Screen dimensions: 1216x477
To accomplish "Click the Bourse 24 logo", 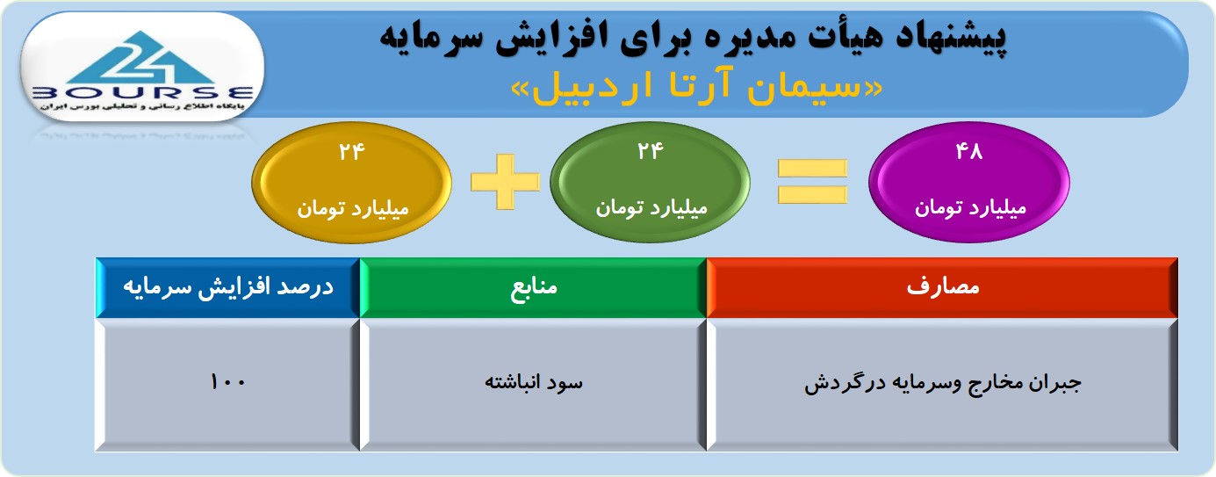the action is [142, 68].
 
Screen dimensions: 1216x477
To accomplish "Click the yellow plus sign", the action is [505, 182].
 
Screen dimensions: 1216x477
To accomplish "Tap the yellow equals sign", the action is [812, 182].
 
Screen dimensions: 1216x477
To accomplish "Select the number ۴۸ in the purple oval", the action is [969, 151].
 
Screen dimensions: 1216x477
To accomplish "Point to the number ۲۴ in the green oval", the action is [650, 150].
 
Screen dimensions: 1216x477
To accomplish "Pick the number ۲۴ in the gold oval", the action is [351, 151].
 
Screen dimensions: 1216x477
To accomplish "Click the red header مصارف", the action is [942, 287].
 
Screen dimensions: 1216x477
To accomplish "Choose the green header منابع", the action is [533, 287].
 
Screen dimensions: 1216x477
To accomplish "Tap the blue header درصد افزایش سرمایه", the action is [227, 287].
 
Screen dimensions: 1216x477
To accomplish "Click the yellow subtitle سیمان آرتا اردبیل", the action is [696, 89].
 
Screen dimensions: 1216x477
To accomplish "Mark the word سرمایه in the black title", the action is [422, 38].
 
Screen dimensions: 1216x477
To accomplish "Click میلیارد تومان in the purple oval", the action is [970, 208].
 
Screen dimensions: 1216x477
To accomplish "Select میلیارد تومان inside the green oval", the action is [651, 208].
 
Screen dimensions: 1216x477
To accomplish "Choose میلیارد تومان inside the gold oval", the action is [352, 209].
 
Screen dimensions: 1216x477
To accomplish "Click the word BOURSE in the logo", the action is [142, 93].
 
